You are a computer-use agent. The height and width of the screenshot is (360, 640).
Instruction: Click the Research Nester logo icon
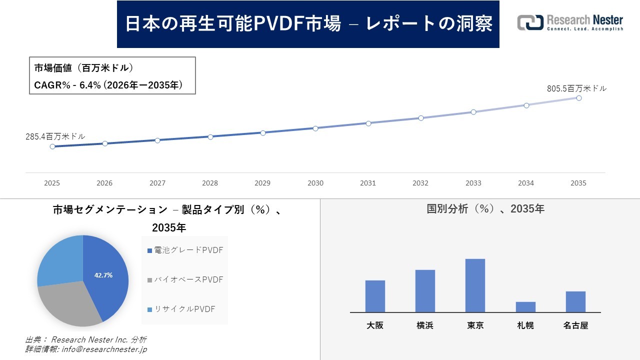(530, 22)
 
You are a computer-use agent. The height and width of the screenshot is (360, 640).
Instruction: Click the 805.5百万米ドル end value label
(576, 88)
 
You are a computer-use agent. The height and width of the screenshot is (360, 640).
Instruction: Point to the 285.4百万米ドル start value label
(55, 136)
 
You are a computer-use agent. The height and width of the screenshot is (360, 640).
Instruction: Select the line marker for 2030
(315, 128)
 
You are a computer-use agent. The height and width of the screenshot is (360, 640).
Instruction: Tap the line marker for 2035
(578, 98)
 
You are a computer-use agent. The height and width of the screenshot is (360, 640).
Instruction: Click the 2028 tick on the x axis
(210, 183)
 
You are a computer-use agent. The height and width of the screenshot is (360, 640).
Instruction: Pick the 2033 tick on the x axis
(473, 183)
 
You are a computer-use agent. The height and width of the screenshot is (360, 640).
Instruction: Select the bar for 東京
(475, 285)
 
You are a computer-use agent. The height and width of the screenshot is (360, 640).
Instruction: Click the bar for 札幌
(525, 307)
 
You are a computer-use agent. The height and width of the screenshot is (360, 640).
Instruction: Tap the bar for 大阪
(375, 296)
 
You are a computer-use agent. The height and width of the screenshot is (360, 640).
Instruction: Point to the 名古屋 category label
(575, 325)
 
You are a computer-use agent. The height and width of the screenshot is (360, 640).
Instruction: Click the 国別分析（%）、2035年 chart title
(485, 209)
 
